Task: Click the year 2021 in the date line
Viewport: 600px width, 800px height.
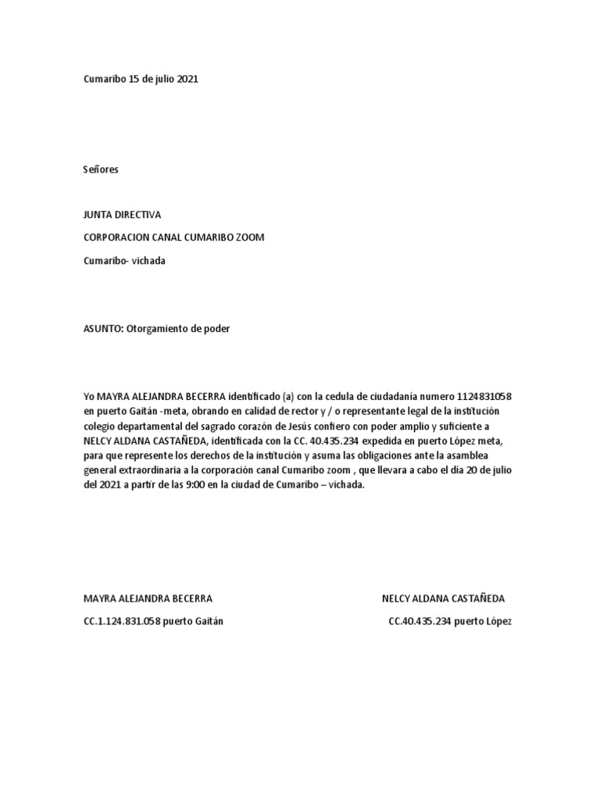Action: pos(187,79)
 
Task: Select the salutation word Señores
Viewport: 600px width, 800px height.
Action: pos(101,169)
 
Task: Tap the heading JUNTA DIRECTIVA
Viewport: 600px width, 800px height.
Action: pos(122,214)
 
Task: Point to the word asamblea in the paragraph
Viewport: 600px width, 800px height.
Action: pos(492,455)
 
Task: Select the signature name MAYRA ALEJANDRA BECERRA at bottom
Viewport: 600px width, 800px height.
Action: pos(148,598)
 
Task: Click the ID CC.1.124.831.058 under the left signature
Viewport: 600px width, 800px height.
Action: pos(122,621)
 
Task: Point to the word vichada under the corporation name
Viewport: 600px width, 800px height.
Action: pos(148,261)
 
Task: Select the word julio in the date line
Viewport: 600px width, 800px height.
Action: pos(162,79)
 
